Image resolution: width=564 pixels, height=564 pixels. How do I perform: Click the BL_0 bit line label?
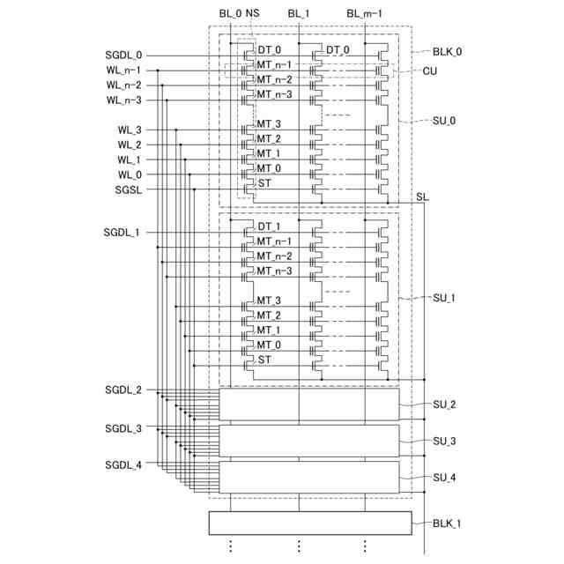230,13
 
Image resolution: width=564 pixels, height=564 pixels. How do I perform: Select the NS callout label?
253,13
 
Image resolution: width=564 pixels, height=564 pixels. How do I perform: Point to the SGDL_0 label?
122,56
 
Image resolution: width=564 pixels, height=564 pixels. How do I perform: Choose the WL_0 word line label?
129,174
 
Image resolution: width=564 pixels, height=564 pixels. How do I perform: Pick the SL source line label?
422,197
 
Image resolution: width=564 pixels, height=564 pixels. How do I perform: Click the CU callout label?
430,70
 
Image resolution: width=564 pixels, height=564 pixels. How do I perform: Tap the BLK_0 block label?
447,52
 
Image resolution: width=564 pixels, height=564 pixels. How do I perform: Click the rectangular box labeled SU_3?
308,441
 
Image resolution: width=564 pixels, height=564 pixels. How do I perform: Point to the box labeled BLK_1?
309,523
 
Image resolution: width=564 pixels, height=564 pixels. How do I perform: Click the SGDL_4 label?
122,464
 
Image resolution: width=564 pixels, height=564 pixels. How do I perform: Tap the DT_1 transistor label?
269,226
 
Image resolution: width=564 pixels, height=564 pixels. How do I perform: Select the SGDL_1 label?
122,233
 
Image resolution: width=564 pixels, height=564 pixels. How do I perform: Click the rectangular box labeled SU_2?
308,404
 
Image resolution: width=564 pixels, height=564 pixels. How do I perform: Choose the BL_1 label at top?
300,13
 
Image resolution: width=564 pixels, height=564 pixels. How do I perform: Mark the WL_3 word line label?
129,130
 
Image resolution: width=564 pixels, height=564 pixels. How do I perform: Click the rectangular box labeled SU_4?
308,477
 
